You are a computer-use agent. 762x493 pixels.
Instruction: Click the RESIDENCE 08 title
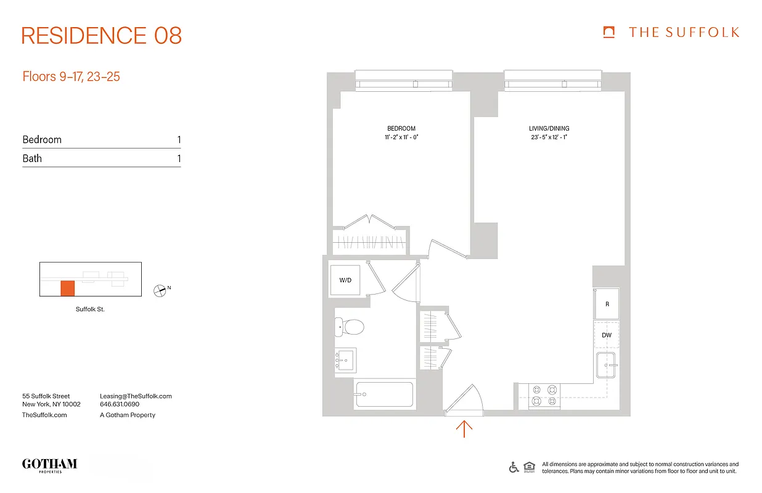[x=102, y=36]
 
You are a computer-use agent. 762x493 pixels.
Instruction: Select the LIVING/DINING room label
[x=549, y=129]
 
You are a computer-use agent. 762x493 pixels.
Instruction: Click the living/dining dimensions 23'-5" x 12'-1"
[x=549, y=137]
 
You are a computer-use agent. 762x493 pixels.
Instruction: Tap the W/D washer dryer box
[x=345, y=280]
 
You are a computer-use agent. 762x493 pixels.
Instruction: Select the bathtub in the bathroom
[x=384, y=394]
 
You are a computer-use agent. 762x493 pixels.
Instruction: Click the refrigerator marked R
[x=607, y=304]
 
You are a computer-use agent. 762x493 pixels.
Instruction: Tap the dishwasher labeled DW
[x=607, y=335]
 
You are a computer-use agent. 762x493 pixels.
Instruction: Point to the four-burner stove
[x=545, y=396]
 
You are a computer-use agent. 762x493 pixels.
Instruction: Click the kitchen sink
[x=607, y=365]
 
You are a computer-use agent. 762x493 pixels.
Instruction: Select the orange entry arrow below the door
[x=464, y=428]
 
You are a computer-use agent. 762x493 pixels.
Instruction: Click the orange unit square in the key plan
[x=67, y=288]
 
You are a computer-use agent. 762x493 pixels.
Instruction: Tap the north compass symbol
[x=161, y=290]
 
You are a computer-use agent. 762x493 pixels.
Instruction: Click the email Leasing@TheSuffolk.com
[x=136, y=396]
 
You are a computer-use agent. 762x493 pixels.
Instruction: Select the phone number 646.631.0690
[x=120, y=405]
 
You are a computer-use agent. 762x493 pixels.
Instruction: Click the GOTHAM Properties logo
[x=49, y=465]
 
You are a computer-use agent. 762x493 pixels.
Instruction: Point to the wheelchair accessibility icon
[x=514, y=467]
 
